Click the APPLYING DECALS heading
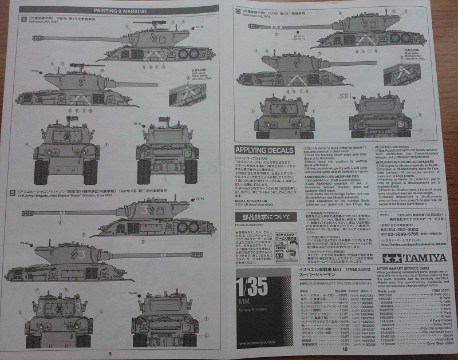265,150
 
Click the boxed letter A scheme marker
23,18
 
